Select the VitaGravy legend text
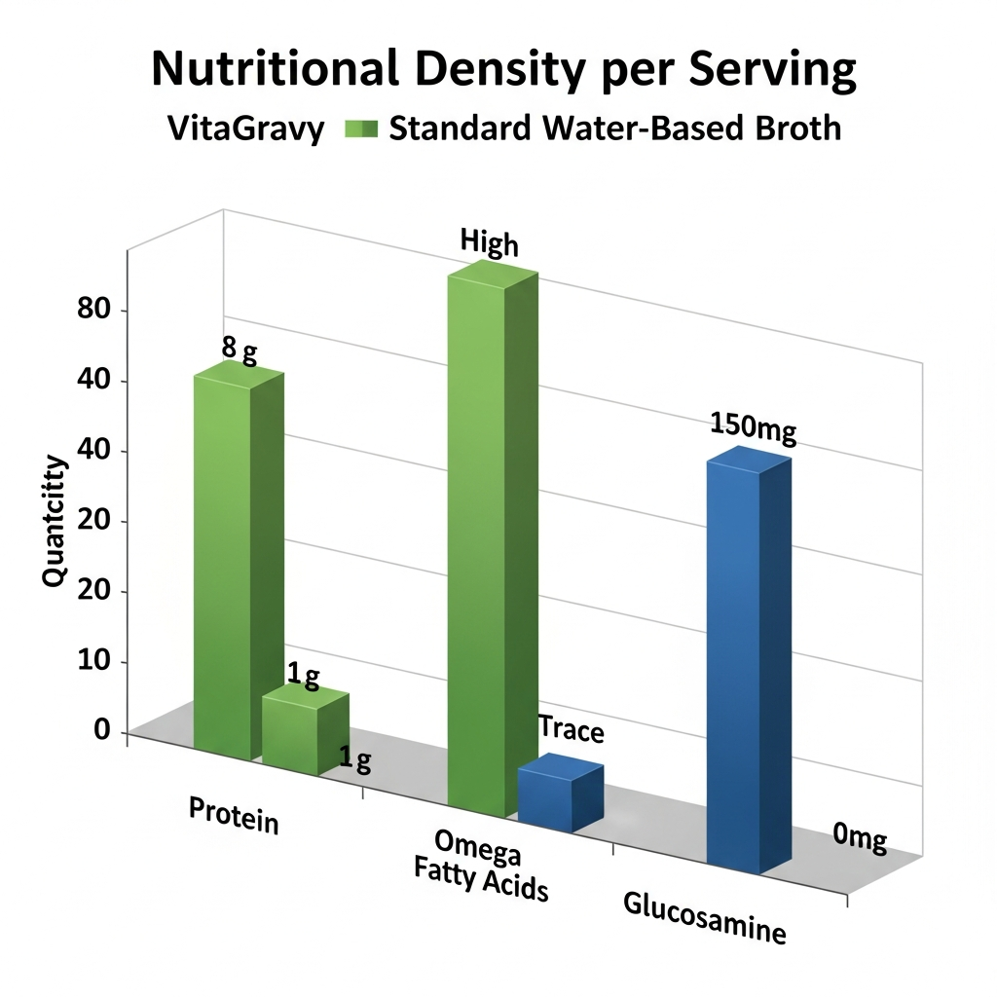coord(246,129)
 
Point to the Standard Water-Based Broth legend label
coord(614,129)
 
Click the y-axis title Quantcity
coord(55,521)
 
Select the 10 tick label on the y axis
coord(93,662)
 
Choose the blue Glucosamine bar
coord(747,662)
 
